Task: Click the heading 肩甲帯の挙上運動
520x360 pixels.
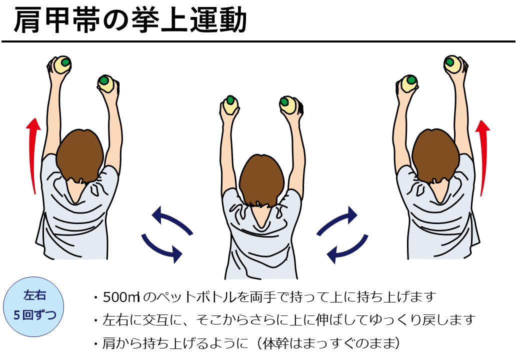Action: (x=130, y=20)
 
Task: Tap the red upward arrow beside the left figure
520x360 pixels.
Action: (x=33, y=156)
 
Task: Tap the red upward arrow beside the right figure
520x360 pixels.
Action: (x=483, y=158)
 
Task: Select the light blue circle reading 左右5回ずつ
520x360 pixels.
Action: (x=33, y=306)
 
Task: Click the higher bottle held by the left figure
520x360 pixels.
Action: (x=61, y=64)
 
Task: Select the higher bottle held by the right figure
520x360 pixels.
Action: (x=453, y=64)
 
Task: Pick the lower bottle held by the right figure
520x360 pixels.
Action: (x=409, y=84)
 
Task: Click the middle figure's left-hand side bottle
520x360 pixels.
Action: (x=230, y=105)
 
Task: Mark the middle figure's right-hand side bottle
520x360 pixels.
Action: (x=288, y=105)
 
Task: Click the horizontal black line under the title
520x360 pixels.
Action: (x=258, y=42)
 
